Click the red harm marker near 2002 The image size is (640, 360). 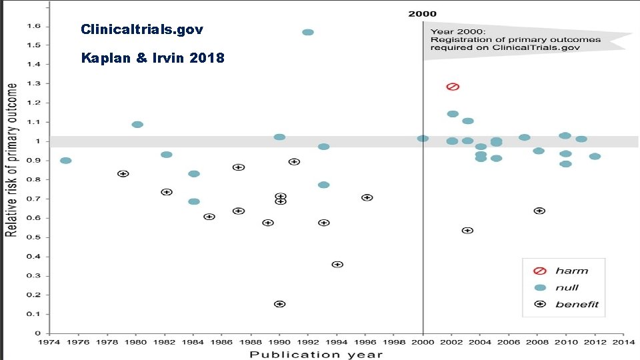(x=453, y=87)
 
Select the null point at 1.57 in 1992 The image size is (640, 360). (x=308, y=32)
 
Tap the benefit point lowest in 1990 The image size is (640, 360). (x=280, y=304)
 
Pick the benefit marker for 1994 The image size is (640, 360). (x=337, y=265)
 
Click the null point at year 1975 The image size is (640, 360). (x=65, y=161)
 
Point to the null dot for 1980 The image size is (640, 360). (x=137, y=125)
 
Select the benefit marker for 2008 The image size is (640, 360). (x=539, y=211)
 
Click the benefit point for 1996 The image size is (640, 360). (x=367, y=197)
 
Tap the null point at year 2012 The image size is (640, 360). (x=595, y=157)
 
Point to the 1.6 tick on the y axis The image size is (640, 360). (x=33, y=26)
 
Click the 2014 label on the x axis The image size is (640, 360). (x=624, y=341)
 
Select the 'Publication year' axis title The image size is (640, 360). (x=317, y=354)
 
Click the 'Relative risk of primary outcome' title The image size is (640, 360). (x=11, y=160)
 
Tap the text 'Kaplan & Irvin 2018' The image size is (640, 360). (x=153, y=58)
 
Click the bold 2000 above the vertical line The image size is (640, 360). (x=423, y=13)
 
